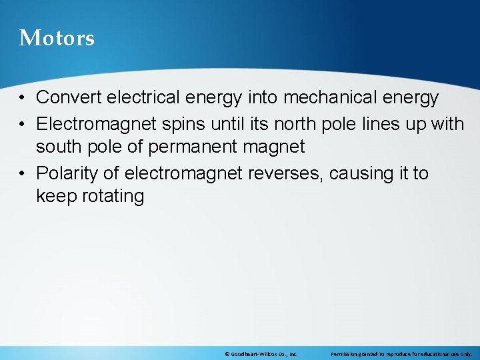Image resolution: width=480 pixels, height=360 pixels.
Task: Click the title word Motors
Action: (x=57, y=38)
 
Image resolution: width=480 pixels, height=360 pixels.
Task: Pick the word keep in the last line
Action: (x=53, y=196)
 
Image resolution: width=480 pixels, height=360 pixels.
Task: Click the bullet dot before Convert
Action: (x=23, y=98)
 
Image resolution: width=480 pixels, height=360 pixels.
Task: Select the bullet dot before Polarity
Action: (x=23, y=174)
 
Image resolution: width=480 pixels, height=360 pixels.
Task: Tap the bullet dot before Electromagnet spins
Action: (x=23, y=125)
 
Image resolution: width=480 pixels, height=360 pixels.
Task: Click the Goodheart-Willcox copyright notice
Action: (x=261, y=354)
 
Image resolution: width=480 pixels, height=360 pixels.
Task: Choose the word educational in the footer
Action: (x=435, y=354)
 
